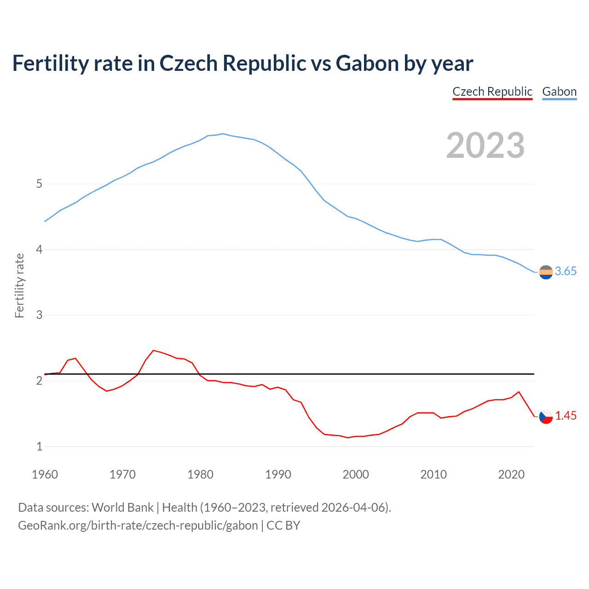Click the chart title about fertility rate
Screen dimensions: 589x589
pos(243,64)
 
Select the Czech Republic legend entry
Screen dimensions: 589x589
pos(492,92)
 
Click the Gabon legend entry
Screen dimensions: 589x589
pos(559,92)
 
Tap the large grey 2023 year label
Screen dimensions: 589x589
pos(485,145)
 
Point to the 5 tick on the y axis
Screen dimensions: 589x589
pos(39,184)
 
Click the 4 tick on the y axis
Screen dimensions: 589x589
pos(39,249)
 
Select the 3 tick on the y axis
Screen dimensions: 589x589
pos(39,315)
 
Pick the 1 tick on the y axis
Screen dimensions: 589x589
pos(39,446)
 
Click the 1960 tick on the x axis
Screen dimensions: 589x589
pos(45,474)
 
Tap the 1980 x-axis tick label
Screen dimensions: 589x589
pos(200,474)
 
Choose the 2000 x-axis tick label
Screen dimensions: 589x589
pos(356,474)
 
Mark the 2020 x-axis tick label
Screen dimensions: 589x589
pos(511,474)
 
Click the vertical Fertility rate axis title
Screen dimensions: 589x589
pos(19,285)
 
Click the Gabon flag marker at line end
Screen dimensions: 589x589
pos(546,272)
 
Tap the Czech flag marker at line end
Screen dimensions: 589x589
pos(546,416)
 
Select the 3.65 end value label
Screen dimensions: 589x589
pos(566,271)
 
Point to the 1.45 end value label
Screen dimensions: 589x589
pos(566,416)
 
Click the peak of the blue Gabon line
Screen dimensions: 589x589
pos(223,134)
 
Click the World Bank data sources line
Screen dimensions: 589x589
pos(204,508)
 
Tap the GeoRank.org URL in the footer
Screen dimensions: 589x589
pos(138,525)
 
